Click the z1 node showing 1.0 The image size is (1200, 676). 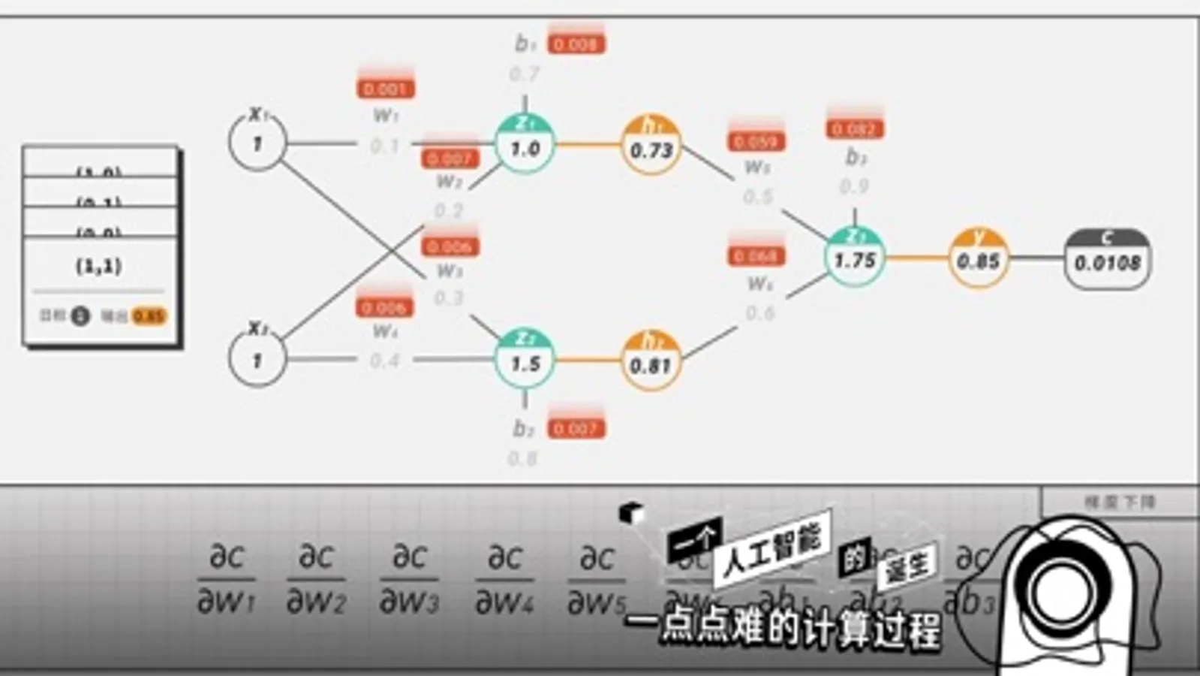pyautogui.click(x=525, y=145)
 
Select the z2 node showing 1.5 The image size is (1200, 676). pyautogui.click(x=525, y=361)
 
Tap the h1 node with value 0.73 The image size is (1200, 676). pyautogui.click(x=651, y=146)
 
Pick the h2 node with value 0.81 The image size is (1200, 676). pyautogui.click(x=651, y=361)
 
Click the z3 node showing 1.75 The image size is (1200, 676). pyautogui.click(x=854, y=258)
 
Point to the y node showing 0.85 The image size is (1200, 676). pyautogui.click(x=978, y=258)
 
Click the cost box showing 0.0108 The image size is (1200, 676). pyautogui.click(x=1107, y=260)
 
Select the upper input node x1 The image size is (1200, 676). pyautogui.click(x=257, y=141)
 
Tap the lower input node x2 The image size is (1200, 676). pyautogui.click(x=257, y=358)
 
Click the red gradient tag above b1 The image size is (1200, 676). pyautogui.click(x=576, y=44)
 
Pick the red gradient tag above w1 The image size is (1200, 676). pyautogui.click(x=385, y=89)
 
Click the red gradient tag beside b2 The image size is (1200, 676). pyautogui.click(x=576, y=429)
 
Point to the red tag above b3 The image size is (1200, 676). pyautogui.click(x=855, y=129)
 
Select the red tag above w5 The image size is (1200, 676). pyautogui.click(x=756, y=141)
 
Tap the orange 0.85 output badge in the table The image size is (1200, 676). pyautogui.click(x=149, y=316)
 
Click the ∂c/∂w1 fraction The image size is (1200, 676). pyautogui.click(x=226, y=579)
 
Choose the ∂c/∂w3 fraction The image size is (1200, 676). pyautogui.click(x=409, y=579)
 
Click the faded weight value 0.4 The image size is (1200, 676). pyautogui.click(x=385, y=361)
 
